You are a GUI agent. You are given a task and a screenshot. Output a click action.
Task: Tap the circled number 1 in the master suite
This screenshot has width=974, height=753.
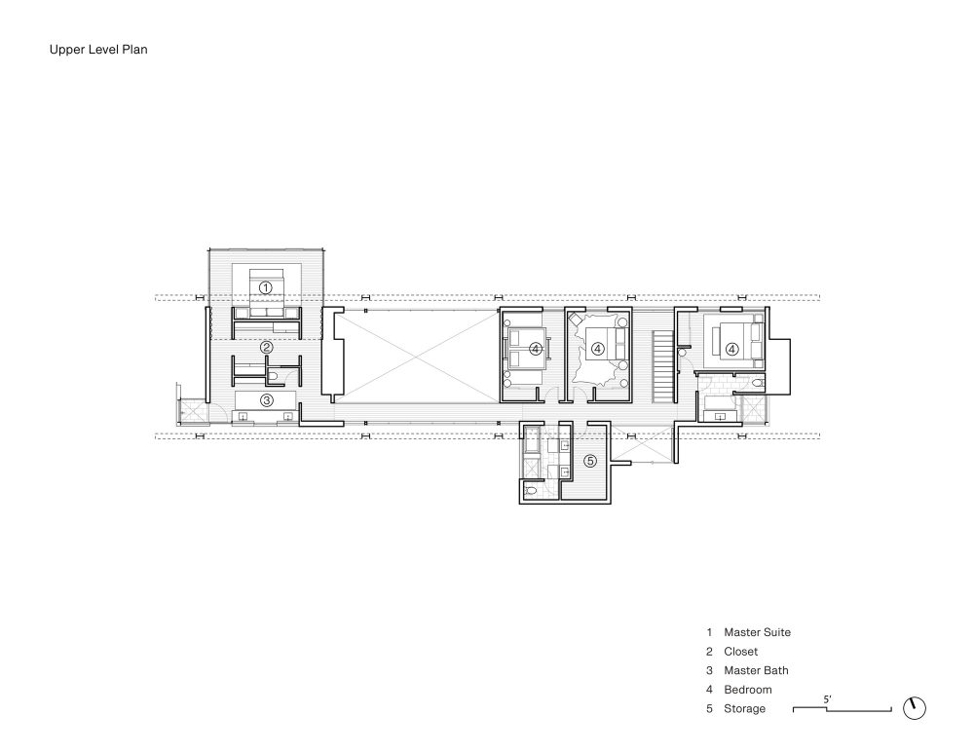[x=265, y=287]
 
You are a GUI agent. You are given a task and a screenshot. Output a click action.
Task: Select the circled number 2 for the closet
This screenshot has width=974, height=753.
[x=265, y=346]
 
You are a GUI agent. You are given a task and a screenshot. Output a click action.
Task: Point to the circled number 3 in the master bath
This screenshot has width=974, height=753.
[x=265, y=399]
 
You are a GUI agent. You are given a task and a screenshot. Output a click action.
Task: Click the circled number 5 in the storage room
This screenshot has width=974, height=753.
[x=589, y=461]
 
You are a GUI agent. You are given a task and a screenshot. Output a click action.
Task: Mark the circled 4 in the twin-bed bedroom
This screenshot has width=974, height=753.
[x=535, y=348]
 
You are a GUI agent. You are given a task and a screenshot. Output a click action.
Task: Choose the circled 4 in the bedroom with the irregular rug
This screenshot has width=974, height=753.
[x=598, y=348]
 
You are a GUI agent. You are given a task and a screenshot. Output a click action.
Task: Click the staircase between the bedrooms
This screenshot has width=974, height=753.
[x=662, y=366]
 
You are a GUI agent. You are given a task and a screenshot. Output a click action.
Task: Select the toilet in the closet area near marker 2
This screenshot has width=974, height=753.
[x=275, y=373]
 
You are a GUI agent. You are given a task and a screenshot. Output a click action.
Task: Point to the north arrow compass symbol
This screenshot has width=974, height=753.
[x=915, y=708]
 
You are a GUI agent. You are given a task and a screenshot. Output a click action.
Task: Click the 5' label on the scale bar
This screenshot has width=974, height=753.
[x=827, y=698]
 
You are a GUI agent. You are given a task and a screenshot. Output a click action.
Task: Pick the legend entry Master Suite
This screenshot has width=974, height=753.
[x=757, y=632]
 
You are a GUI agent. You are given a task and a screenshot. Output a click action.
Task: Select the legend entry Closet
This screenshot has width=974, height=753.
[x=740, y=652]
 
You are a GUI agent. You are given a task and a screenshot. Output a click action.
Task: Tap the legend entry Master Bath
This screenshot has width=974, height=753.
[x=756, y=670]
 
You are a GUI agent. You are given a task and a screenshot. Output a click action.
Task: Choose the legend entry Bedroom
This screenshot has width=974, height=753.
[x=747, y=690]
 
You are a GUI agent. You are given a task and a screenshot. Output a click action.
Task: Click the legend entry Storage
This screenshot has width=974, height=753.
[x=744, y=708]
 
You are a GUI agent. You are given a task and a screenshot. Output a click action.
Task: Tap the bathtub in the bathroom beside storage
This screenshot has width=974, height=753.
[x=533, y=447]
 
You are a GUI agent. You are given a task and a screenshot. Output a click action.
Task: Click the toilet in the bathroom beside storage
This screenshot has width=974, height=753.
[x=531, y=492]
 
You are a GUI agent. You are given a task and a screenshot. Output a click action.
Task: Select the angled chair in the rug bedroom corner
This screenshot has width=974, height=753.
[x=575, y=320]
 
